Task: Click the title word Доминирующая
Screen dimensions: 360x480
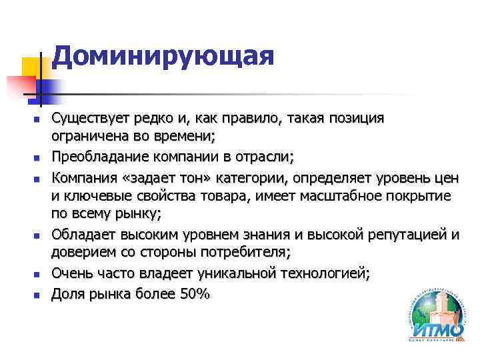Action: pyautogui.click(x=163, y=56)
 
